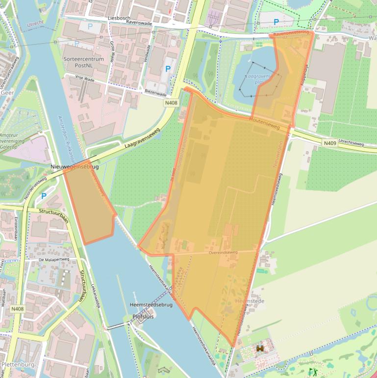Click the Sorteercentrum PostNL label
pos(83,62)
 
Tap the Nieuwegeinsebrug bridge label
pos(74,167)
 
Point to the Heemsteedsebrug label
pos(151,305)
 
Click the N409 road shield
pos(329,143)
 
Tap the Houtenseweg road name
pos(264,123)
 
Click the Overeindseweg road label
pos(223,252)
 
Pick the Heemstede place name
pos(250,300)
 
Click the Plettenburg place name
pos(18,364)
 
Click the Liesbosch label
pos(119,18)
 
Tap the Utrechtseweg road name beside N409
pos(351,145)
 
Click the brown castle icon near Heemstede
pos(260,348)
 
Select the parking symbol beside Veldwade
pos(168,69)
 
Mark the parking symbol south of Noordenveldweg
pos(44,196)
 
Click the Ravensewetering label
pos(292,33)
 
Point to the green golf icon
pos(312,372)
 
